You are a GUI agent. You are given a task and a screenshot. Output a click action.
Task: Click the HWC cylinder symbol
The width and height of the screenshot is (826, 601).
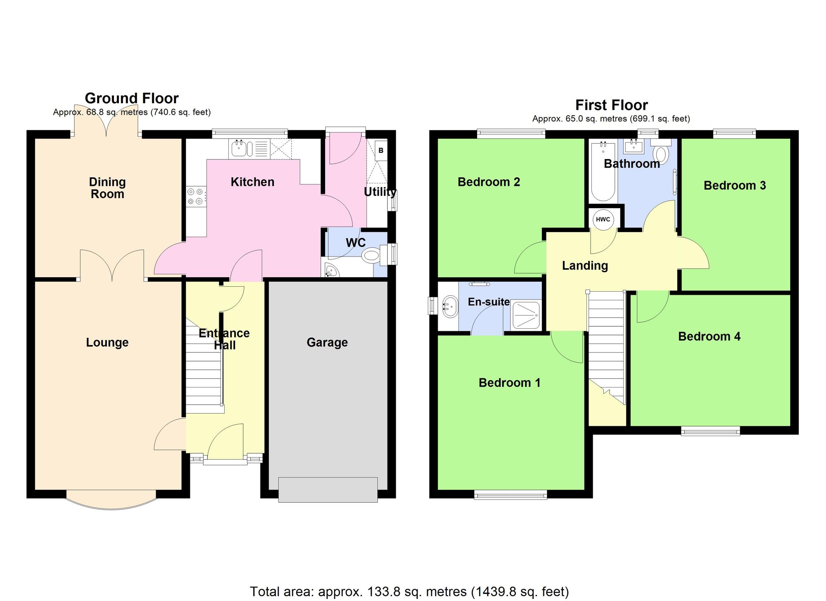(x=603, y=219)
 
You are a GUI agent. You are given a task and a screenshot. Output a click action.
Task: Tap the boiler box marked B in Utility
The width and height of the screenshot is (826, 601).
(x=381, y=150)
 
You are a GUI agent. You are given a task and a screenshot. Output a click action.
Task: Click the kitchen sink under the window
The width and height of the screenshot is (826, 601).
(x=239, y=148)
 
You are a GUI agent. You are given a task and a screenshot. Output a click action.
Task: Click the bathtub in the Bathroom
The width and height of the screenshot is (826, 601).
(x=603, y=171)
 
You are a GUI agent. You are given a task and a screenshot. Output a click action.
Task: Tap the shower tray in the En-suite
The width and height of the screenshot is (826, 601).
(x=526, y=315)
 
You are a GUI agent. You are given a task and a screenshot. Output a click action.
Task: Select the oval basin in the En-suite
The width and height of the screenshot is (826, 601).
(x=450, y=306)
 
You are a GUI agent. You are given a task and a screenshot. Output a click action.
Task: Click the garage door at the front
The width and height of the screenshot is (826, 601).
(x=328, y=489)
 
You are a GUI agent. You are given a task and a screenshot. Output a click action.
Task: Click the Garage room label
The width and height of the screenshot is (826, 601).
(x=327, y=342)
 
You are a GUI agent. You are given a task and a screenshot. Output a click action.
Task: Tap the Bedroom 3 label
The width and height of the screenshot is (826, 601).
(x=734, y=185)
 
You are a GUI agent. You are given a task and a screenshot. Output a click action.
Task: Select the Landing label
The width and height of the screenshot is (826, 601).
(x=585, y=266)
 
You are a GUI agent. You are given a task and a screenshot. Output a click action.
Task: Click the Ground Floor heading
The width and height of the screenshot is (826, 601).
(x=131, y=98)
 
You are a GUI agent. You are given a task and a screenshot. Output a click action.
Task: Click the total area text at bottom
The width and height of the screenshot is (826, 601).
(x=409, y=591)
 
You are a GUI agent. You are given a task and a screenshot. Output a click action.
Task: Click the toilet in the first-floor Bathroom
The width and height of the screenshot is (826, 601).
(x=661, y=153)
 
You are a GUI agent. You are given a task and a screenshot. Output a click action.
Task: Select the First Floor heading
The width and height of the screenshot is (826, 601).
(x=611, y=105)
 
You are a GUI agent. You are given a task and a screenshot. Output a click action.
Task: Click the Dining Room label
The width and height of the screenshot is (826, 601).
(x=107, y=188)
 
